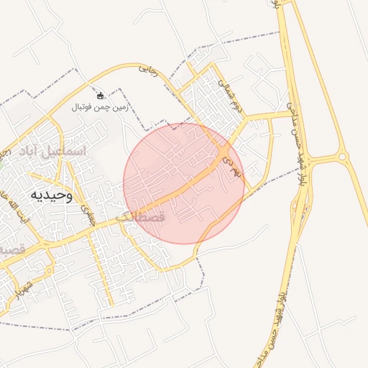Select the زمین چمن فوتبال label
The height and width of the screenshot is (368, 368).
100,107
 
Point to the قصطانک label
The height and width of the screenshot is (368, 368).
140,216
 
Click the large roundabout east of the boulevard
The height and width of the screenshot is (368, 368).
342,156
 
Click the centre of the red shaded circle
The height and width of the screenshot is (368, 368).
184,183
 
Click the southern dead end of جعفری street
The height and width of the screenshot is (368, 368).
110,304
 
